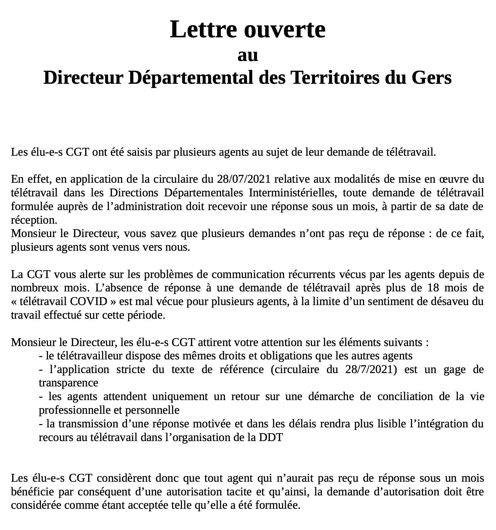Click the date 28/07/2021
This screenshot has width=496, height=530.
pos(243,179)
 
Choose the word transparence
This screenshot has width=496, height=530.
pos(69,383)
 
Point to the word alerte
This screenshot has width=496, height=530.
pos(82,275)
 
